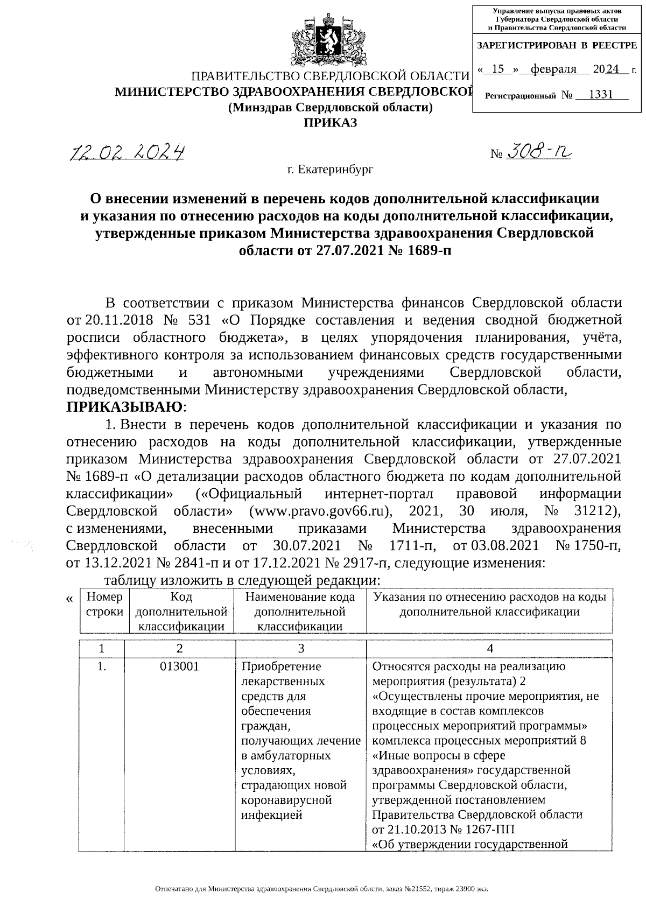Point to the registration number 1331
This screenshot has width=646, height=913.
[601, 95]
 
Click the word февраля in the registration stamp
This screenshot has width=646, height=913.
[553, 69]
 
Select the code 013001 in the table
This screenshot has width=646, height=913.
[180, 666]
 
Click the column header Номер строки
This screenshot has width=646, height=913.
[104, 605]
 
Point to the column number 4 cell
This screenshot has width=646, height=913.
[490, 649]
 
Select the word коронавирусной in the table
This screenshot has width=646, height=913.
[287, 800]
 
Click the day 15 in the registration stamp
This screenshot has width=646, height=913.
[498, 69]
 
